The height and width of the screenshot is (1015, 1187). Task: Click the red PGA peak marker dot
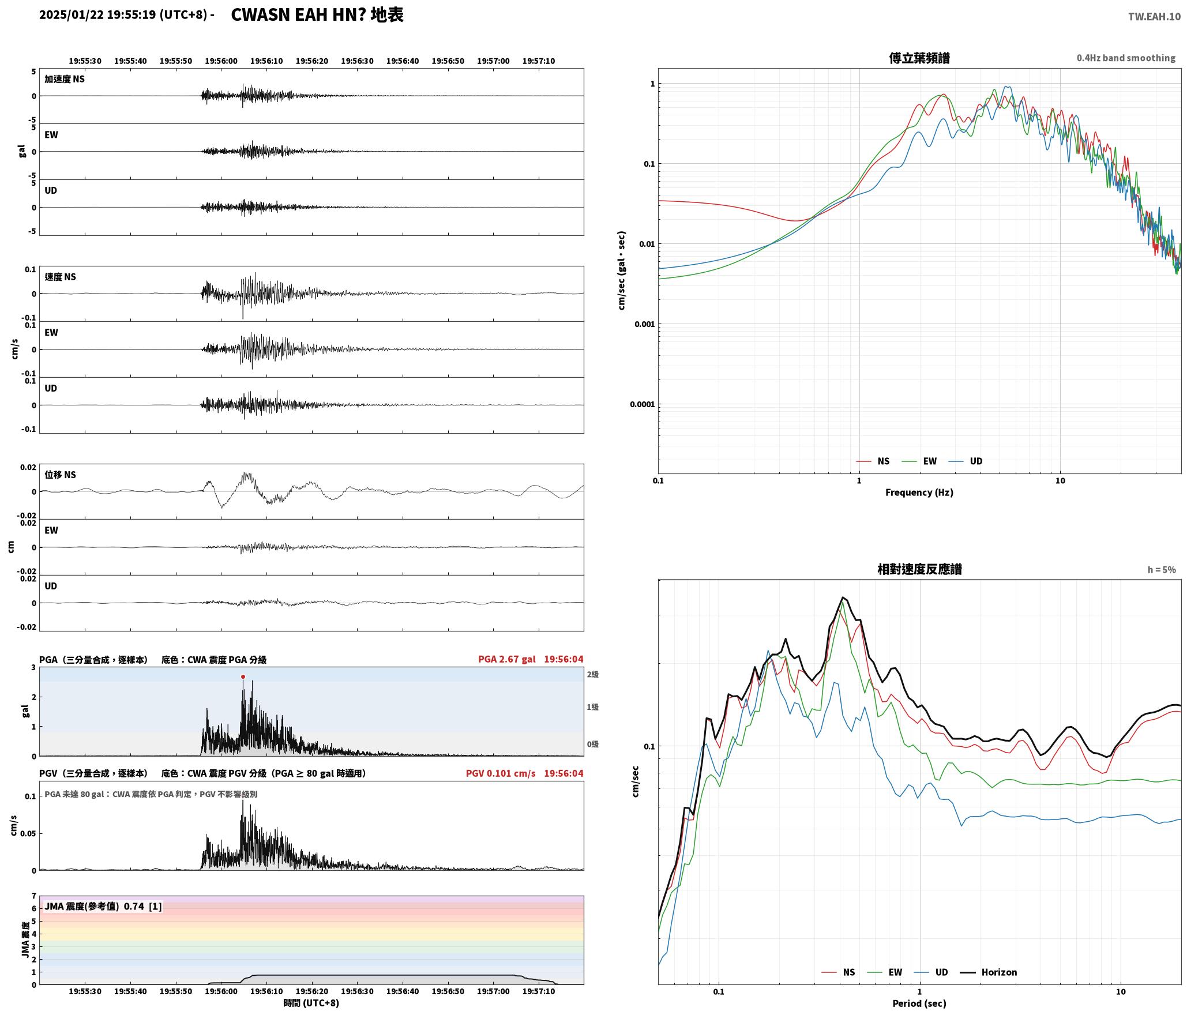click(x=243, y=676)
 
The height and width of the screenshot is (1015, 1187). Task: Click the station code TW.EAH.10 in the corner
click(x=1154, y=17)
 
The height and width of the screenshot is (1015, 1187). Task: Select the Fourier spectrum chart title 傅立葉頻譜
click(x=919, y=58)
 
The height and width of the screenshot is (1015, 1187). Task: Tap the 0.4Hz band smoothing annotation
click(x=1126, y=58)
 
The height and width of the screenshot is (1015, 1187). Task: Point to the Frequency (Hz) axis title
click(x=919, y=492)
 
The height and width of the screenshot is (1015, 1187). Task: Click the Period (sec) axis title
click(x=919, y=1003)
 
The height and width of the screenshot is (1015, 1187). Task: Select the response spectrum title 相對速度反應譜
click(x=919, y=569)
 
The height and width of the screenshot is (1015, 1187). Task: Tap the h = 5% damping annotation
click(x=1161, y=569)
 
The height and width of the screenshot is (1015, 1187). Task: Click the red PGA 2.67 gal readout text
click(x=506, y=659)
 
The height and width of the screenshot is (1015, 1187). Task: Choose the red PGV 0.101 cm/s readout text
click(x=501, y=773)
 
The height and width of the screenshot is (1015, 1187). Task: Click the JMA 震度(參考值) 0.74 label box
click(x=103, y=906)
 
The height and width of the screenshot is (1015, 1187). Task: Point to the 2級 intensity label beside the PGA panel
click(x=593, y=674)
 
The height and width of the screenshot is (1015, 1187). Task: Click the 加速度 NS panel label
click(x=65, y=79)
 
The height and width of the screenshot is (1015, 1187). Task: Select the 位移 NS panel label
click(x=60, y=475)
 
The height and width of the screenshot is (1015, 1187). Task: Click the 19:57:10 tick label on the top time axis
click(x=539, y=61)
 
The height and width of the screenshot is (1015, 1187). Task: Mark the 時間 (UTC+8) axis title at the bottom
click(x=311, y=1003)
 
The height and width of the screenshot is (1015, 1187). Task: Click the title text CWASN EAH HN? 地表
click(x=317, y=15)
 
